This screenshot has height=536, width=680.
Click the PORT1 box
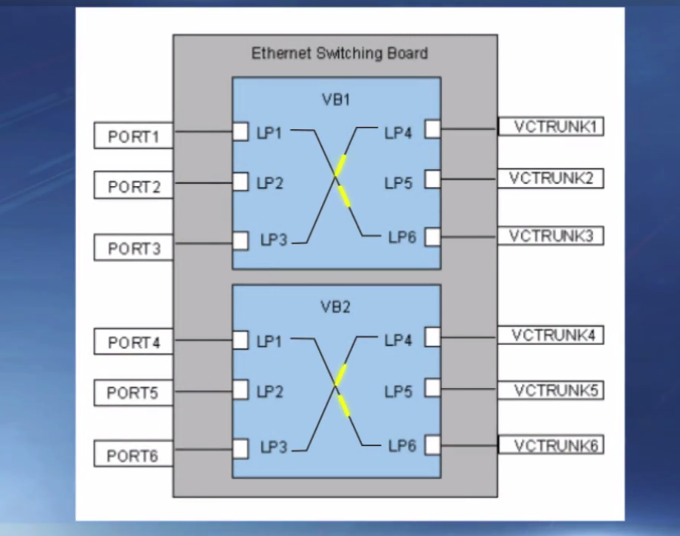(x=133, y=136)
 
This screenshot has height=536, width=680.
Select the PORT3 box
(x=133, y=248)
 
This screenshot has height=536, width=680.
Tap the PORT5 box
(x=133, y=393)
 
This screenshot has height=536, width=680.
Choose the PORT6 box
(x=133, y=456)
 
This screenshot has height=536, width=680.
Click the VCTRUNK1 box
(x=551, y=127)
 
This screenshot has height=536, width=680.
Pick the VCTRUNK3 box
(x=551, y=237)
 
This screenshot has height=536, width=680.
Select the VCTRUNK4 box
(x=551, y=335)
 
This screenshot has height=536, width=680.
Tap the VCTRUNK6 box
(x=551, y=445)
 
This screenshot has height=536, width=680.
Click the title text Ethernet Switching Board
(x=339, y=54)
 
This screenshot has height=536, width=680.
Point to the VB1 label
(x=336, y=99)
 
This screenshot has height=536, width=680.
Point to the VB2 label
(x=336, y=307)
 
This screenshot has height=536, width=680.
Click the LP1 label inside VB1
(x=269, y=133)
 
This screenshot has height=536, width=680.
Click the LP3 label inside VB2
(x=274, y=448)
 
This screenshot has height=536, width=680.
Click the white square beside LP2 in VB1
(x=240, y=182)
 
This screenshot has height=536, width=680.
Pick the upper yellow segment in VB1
(x=340, y=165)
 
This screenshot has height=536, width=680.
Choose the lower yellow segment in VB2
(x=343, y=406)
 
